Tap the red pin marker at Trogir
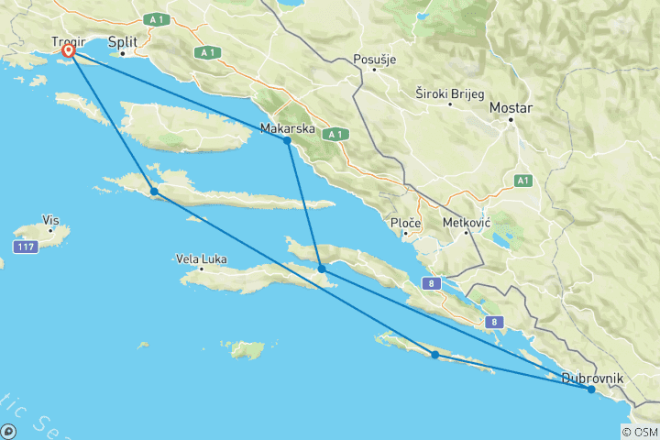(x=68, y=52)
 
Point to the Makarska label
(x=288, y=128)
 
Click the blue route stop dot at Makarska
(x=288, y=140)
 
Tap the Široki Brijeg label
(x=446, y=93)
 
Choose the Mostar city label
(x=511, y=107)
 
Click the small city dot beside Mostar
(x=512, y=119)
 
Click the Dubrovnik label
(x=593, y=378)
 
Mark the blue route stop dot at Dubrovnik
(x=591, y=390)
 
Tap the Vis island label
(x=50, y=220)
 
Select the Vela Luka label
(x=200, y=258)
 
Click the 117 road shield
(x=25, y=247)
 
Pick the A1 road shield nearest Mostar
(x=522, y=181)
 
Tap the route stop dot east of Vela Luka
(x=323, y=269)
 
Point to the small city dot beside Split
(x=123, y=53)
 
